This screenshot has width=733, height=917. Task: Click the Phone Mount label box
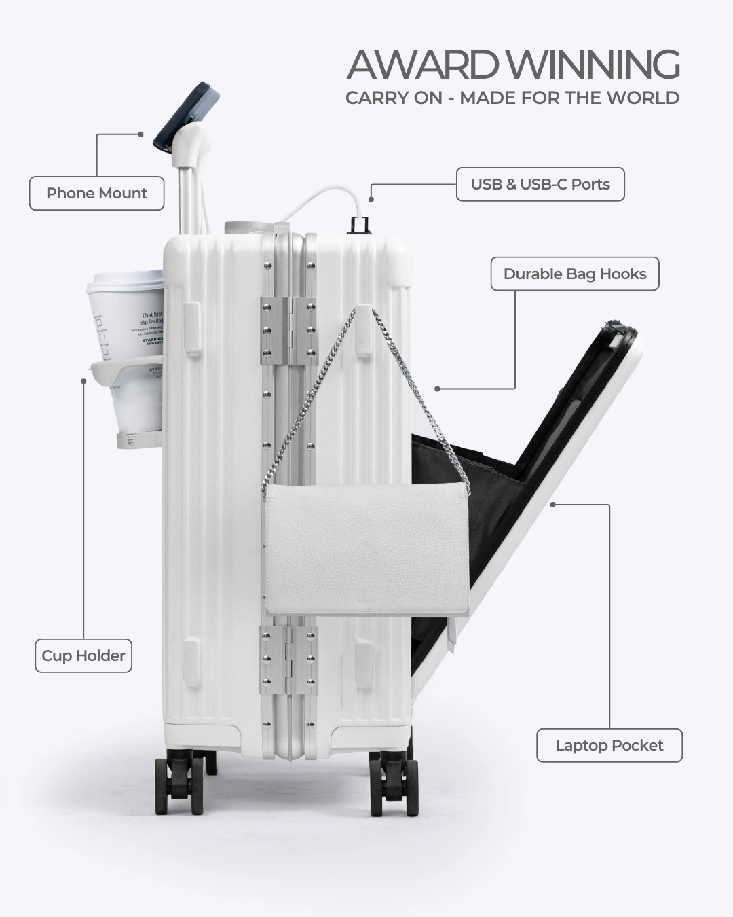click(x=96, y=194)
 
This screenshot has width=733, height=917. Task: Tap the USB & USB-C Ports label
click(x=540, y=185)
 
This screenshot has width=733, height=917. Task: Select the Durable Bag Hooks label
click(x=575, y=274)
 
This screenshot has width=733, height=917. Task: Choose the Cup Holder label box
click(x=83, y=656)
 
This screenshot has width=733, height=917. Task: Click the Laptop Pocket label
click(x=609, y=746)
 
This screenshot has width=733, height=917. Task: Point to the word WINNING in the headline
click(x=595, y=65)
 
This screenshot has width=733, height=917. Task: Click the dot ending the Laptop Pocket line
click(x=553, y=505)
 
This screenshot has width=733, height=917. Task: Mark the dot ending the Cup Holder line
click(x=83, y=381)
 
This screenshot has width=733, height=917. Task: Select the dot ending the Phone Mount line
click(x=140, y=134)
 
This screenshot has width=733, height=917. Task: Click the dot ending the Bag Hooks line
click(x=437, y=389)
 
